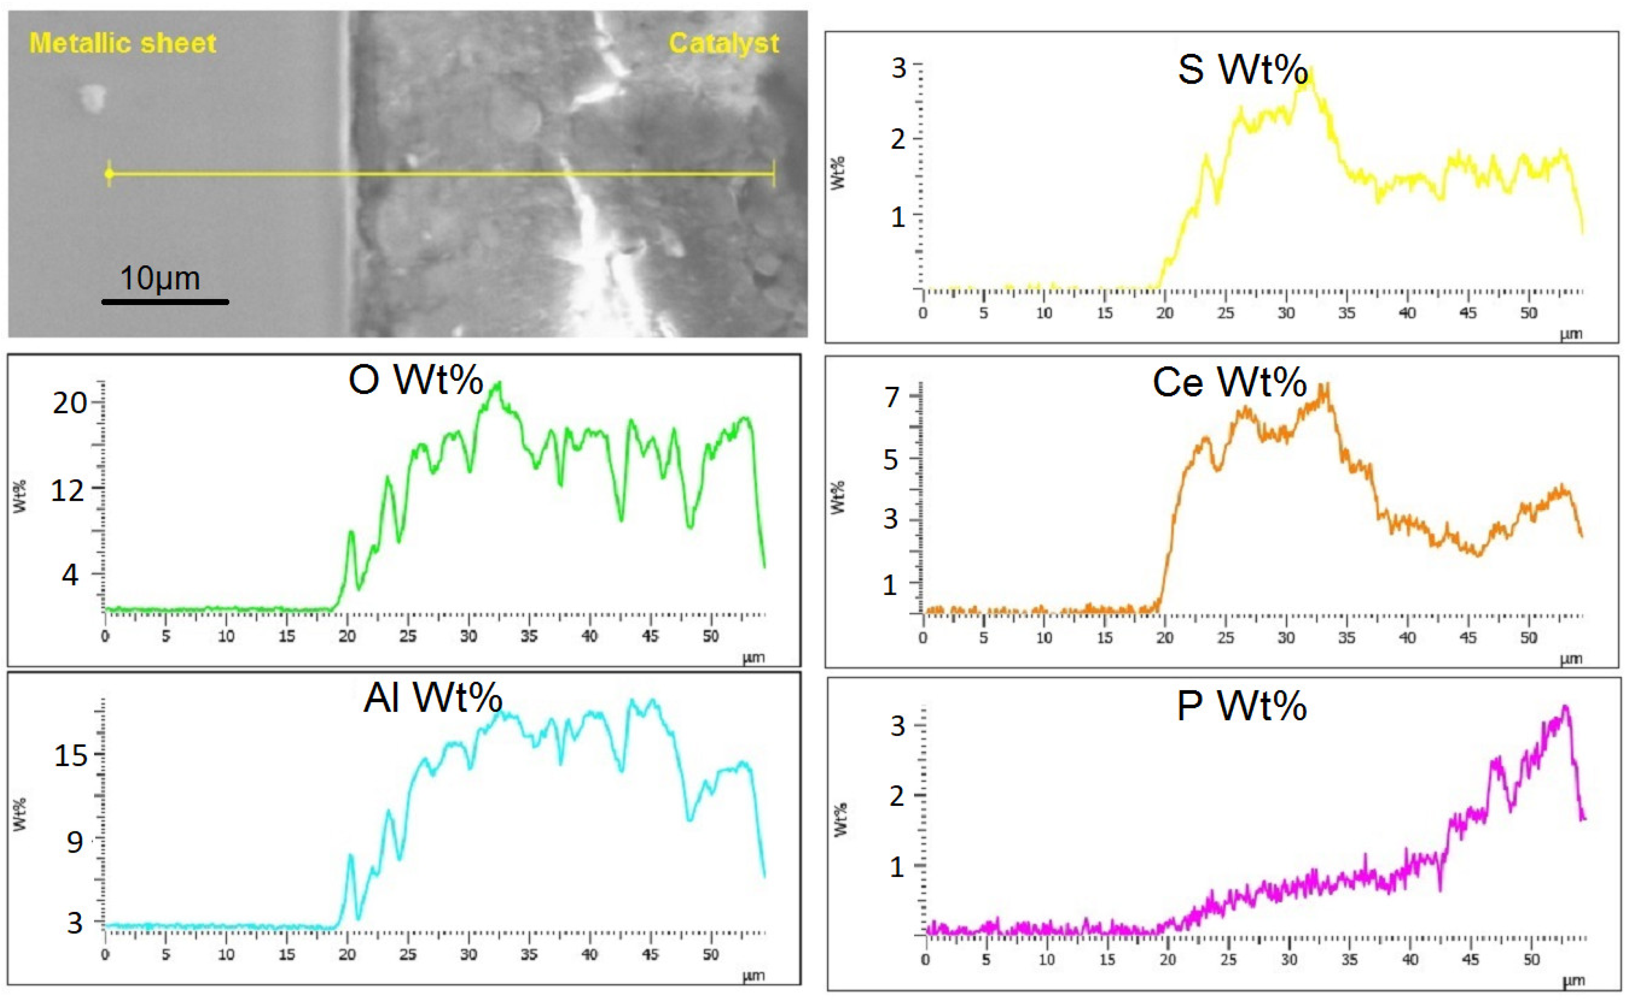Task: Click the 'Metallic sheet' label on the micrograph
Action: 123,44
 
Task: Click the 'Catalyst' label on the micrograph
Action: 723,44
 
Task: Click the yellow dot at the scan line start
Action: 109,174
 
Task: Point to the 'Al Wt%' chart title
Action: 433,698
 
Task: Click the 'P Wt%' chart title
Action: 1241,706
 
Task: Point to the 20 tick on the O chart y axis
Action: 70,403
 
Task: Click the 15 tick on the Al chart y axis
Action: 70,756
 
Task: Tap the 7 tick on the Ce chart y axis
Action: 892,397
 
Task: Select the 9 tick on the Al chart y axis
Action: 74,842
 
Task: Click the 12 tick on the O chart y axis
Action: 68,490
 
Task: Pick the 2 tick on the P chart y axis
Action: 897,795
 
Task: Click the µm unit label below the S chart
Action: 1571,334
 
